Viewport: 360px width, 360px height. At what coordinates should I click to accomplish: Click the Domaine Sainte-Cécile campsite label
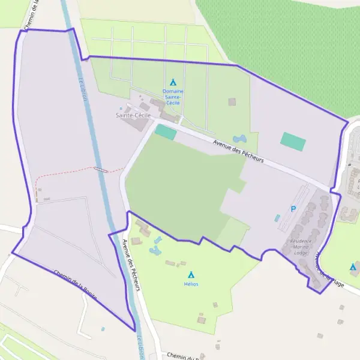point(173,97)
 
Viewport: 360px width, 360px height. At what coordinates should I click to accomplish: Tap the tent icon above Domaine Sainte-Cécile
point(173,82)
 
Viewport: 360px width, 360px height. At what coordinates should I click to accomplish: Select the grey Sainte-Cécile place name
point(133,115)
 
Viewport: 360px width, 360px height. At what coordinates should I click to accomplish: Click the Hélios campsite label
point(191,284)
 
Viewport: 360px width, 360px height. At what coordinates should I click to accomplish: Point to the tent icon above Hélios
point(191,274)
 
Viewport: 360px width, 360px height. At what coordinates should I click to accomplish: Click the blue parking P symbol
point(293,209)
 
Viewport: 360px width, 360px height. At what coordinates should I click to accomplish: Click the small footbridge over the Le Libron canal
point(101,169)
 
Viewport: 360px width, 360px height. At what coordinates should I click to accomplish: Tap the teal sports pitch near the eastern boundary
point(293,142)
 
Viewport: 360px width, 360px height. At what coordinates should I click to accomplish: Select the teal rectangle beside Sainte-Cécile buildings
point(166,132)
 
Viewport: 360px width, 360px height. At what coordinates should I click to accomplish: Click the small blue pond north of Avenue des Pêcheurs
point(238,139)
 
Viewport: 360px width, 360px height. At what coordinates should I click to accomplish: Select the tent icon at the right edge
point(353,266)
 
